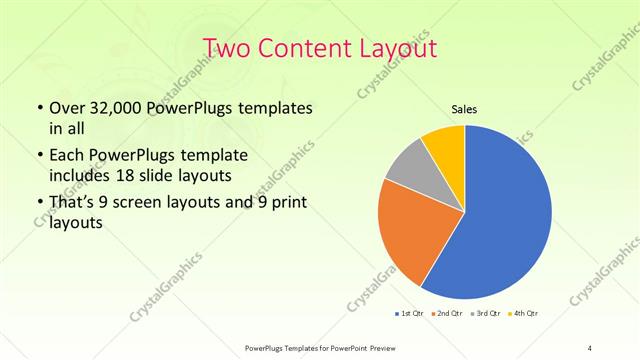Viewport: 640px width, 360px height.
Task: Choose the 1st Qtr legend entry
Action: (410, 314)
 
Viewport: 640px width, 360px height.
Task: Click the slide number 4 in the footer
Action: (590, 348)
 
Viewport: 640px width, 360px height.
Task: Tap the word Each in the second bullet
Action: (67, 155)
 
